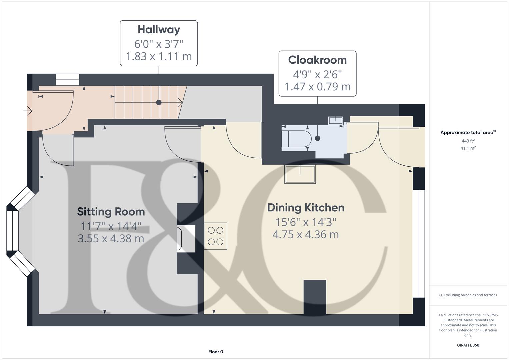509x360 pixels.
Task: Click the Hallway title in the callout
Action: (x=159, y=30)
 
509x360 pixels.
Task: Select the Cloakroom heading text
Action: (x=317, y=60)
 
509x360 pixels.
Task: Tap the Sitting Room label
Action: (x=111, y=212)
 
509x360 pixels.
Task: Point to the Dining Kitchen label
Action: (x=306, y=208)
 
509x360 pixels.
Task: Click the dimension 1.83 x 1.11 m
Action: (x=159, y=56)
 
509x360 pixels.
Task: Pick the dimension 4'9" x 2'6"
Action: (x=317, y=74)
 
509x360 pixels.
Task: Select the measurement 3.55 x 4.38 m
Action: (x=111, y=239)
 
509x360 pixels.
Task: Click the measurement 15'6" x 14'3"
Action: (x=306, y=222)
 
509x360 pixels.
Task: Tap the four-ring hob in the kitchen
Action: (x=215, y=236)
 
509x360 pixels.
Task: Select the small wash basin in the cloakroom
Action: (x=336, y=120)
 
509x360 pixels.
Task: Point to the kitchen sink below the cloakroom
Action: (x=300, y=174)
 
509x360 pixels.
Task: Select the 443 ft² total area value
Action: (x=468, y=141)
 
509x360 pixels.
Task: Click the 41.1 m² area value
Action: (x=468, y=148)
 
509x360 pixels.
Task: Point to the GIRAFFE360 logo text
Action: (x=468, y=345)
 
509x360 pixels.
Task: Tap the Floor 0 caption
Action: (x=216, y=352)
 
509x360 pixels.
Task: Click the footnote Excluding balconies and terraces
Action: (x=468, y=295)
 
